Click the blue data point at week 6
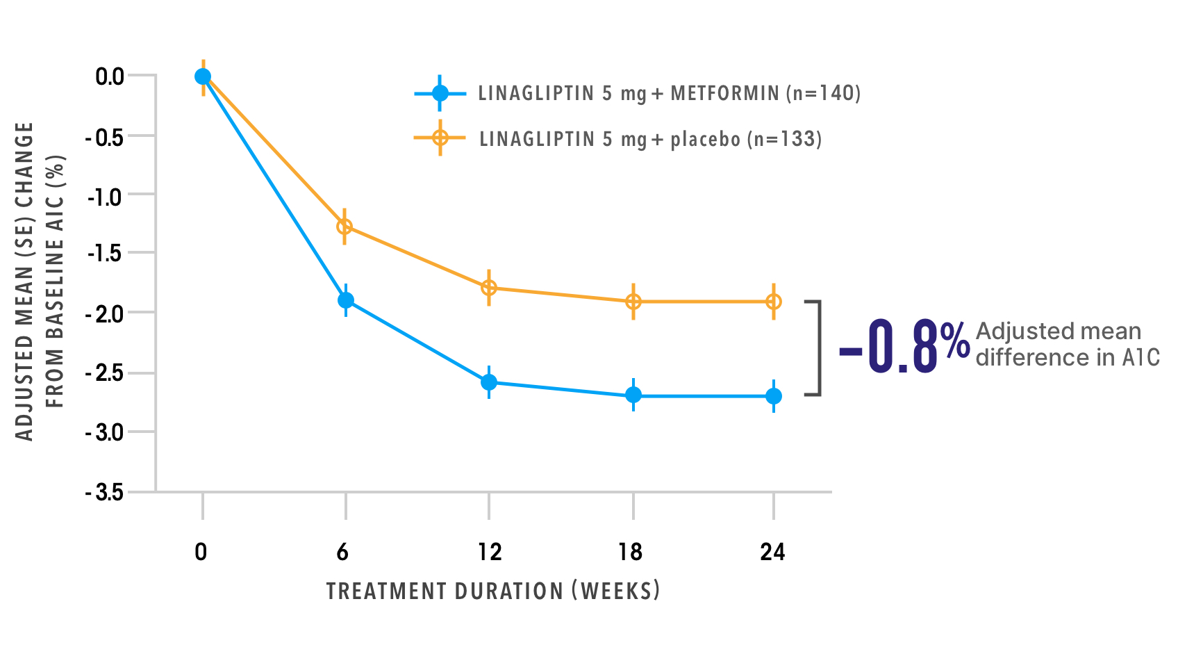pyautogui.click(x=345, y=300)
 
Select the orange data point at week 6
pyautogui.click(x=345, y=227)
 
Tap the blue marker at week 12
pyautogui.click(x=489, y=382)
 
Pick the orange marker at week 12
pyautogui.click(x=489, y=287)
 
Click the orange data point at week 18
pyautogui.click(x=633, y=302)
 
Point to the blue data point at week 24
pyautogui.click(x=774, y=396)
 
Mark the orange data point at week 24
pyautogui.click(x=774, y=302)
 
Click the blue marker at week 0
pyautogui.click(x=203, y=76)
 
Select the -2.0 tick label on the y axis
pyautogui.click(x=104, y=313)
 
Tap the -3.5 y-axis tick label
pyautogui.click(x=104, y=493)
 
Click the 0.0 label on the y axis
pyautogui.click(x=110, y=76)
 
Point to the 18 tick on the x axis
pyautogui.click(x=630, y=552)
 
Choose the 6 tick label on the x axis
pyautogui.click(x=342, y=552)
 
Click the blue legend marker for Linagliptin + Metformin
pyautogui.click(x=440, y=93)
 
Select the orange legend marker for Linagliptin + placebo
pyautogui.click(x=440, y=138)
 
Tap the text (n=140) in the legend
pyautogui.click(x=823, y=93)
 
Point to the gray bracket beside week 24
pyautogui.click(x=818, y=348)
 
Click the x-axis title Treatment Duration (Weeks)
pyautogui.click(x=493, y=591)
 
